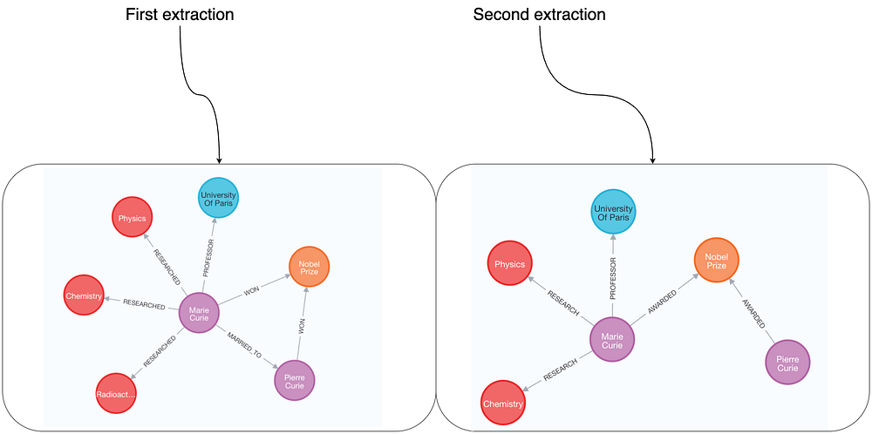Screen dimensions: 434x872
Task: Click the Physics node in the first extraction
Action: (132, 218)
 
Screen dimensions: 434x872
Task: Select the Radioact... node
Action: (117, 394)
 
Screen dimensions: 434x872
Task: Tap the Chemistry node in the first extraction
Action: (84, 297)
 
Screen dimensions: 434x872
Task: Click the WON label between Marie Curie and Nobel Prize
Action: (251, 290)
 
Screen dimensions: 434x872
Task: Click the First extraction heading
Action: (180, 15)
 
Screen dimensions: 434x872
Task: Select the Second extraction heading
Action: (539, 15)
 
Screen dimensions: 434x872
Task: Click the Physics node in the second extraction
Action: (509, 264)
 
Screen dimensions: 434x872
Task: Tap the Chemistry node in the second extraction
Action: (502, 403)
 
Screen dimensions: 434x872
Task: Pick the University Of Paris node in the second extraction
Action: (612, 213)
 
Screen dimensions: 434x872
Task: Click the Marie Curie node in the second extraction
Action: (612, 340)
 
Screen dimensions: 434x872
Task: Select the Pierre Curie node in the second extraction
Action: (787, 363)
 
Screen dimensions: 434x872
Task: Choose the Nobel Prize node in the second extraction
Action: (716, 260)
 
